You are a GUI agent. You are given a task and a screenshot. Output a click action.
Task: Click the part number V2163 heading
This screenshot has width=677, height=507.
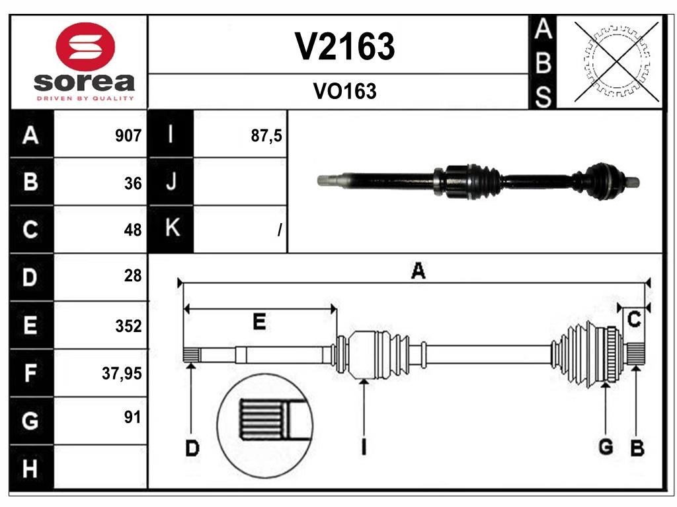344,47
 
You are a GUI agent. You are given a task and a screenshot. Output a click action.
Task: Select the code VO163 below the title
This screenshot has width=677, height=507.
344,92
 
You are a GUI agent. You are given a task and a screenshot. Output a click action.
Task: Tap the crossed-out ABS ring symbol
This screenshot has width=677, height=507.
616,61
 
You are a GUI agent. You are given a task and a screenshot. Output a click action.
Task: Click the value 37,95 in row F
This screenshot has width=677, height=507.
122,374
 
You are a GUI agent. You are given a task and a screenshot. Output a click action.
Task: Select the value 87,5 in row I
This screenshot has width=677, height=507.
266,136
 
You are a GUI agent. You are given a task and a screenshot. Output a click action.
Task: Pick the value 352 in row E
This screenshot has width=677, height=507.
128,326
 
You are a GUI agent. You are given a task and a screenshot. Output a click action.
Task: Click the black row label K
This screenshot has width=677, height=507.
171,229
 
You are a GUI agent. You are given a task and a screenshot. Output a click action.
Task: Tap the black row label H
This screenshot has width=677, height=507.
30,469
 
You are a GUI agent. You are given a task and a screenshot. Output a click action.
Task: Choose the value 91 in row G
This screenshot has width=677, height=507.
132,417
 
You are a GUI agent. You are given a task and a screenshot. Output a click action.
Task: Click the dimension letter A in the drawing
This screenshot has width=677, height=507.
418,271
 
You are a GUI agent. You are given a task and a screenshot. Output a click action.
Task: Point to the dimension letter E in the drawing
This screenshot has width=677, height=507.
259,321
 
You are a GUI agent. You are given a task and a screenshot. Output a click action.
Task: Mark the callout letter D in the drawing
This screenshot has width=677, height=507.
191,449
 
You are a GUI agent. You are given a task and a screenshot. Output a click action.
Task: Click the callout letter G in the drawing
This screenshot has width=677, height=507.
605,448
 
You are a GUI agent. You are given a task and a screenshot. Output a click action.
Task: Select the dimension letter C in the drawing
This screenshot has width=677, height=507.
633,320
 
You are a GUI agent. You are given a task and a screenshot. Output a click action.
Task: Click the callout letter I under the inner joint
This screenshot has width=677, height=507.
363,448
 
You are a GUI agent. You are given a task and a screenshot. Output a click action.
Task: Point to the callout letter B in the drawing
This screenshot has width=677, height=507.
637,448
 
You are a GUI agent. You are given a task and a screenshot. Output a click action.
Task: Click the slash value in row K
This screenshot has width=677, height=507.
280,230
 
